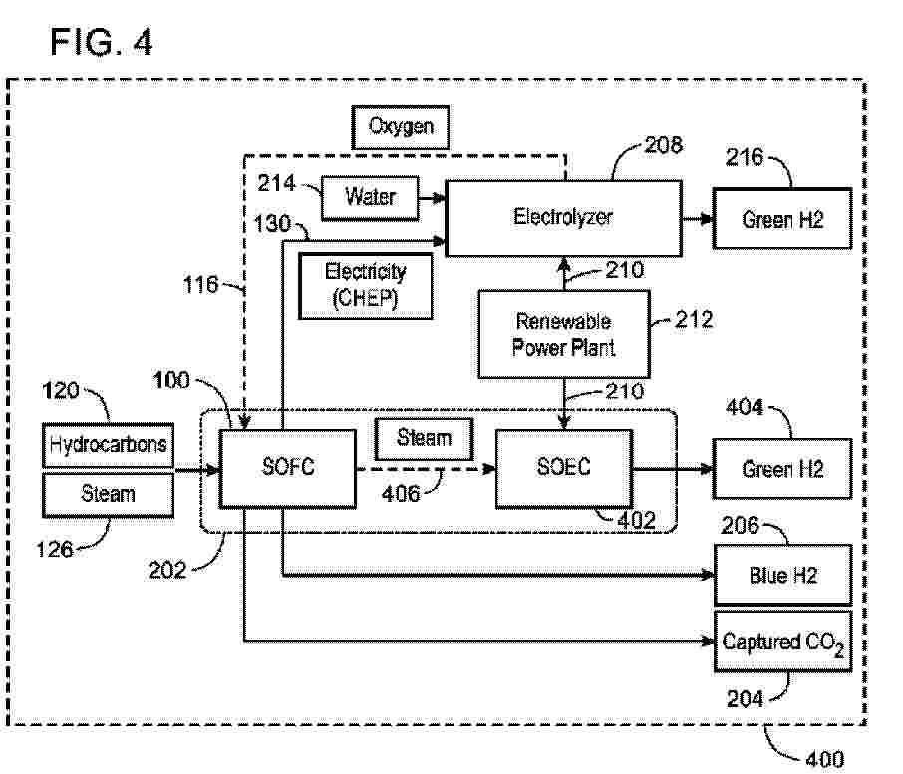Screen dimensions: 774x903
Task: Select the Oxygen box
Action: (x=400, y=128)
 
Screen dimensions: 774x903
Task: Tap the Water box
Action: (x=370, y=197)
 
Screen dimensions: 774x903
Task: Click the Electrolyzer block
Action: (x=563, y=217)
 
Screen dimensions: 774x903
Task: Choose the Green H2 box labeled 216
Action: (x=781, y=218)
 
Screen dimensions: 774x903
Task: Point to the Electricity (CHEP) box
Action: (x=367, y=285)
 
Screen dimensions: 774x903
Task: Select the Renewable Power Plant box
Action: (x=563, y=335)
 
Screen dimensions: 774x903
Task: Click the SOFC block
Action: (x=287, y=467)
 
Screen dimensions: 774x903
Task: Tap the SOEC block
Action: (x=563, y=467)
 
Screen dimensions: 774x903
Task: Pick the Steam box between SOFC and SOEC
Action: (x=424, y=438)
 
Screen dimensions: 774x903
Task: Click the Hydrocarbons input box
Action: (x=109, y=446)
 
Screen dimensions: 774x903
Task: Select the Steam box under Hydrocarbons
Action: (x=109, y=493)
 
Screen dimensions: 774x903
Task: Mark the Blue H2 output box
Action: (x=781, y=575)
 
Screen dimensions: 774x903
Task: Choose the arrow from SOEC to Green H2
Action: (x=673, y=468)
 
